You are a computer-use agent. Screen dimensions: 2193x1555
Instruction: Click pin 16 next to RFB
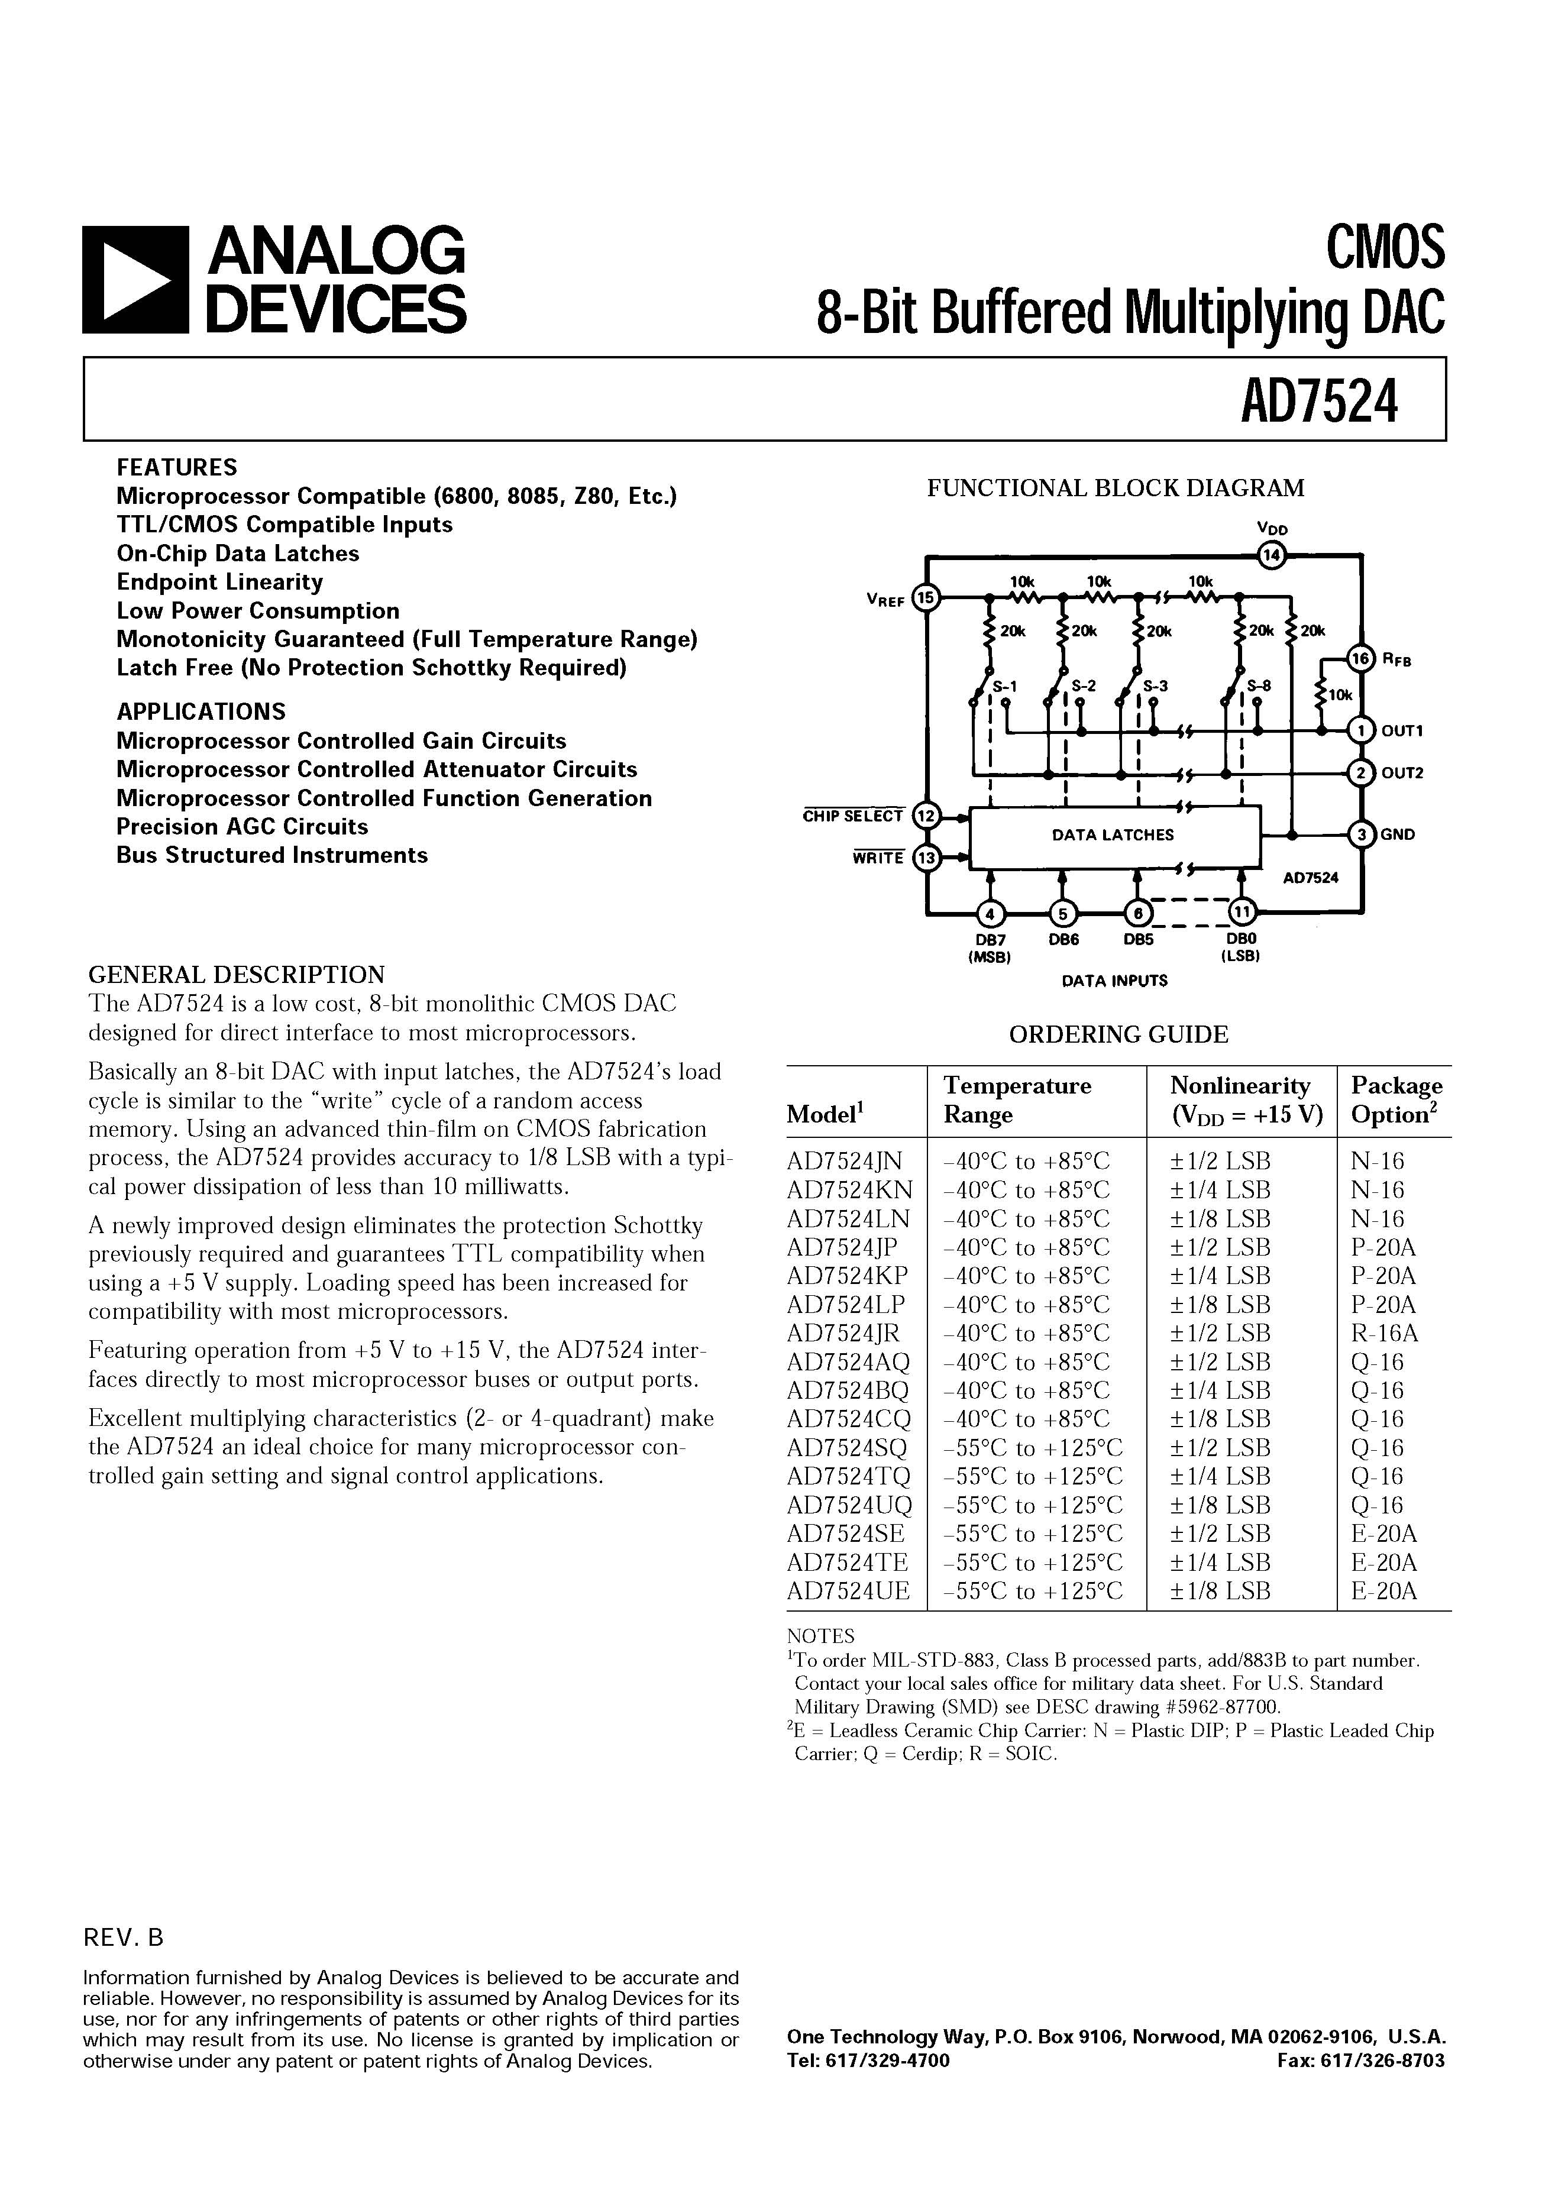tap(1360, 659)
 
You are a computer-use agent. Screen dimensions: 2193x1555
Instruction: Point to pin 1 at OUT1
tap(1360, 730)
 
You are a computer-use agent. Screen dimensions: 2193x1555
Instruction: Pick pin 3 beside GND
tap(1360, 834)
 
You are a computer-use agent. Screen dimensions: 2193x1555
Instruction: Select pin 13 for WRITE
tap(926, 859)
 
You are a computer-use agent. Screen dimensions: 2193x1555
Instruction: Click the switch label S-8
tap(1259, 686)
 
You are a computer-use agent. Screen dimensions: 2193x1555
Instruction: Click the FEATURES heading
tap(177, 467)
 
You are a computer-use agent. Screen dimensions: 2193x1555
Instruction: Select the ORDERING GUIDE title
tap(1118, 1035)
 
